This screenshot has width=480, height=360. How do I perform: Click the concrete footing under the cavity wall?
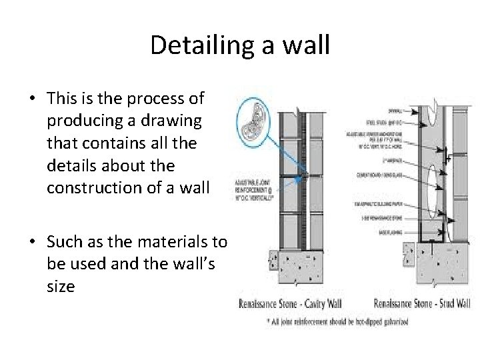pyautogui.click(x=307, y=270)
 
